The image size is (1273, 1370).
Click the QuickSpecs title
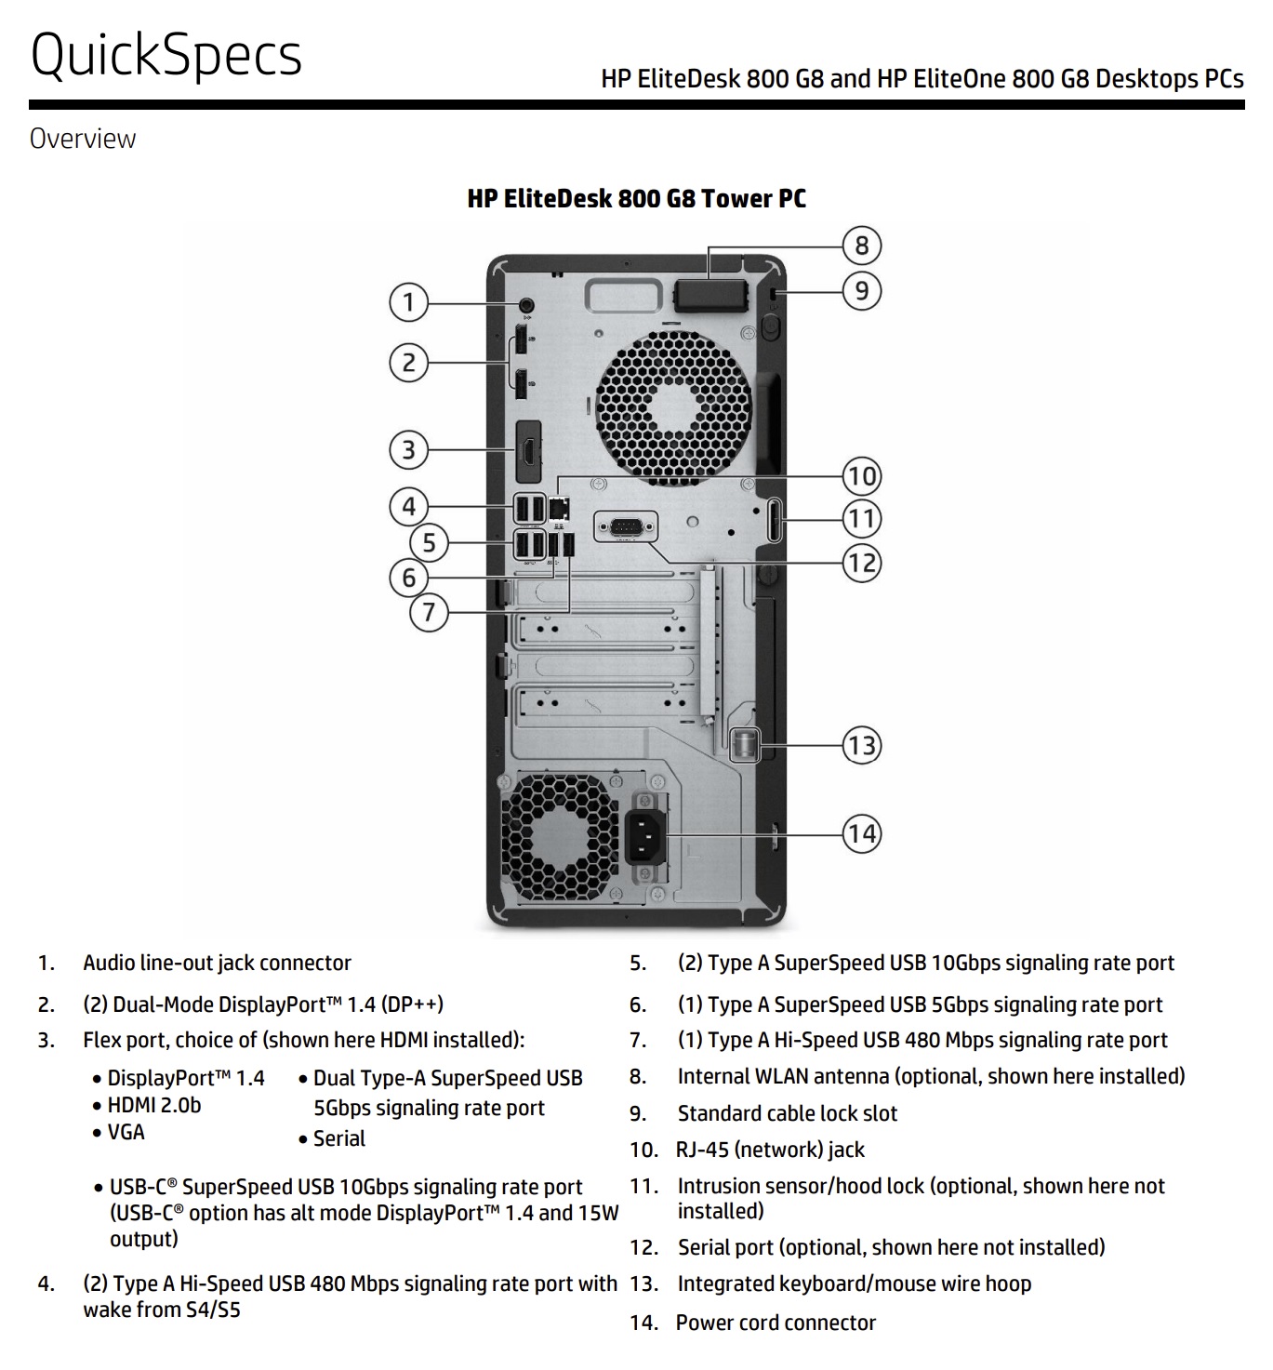point(166,55)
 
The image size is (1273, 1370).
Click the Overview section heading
point(83,139)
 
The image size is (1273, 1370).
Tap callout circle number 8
point(862,245)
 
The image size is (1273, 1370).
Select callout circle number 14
point(862,833)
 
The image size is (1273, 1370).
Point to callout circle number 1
point(408,302)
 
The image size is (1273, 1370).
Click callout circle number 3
point(408,450)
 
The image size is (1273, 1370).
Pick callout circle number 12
point(862,563)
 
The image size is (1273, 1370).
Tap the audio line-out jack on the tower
point(526,304)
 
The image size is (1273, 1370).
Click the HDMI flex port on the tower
point(528,452)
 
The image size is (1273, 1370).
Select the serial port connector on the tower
point(626,527)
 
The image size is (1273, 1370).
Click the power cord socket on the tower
point(645,837)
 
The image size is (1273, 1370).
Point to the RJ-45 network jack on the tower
point(559,508)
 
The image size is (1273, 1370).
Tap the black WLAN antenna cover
point(710,295)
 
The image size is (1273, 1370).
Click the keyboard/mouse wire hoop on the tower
point(745,745)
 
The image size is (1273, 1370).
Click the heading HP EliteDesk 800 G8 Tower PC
point(636,199)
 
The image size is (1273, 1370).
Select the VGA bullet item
point(119,1132)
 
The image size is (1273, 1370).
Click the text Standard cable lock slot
point(788,1113)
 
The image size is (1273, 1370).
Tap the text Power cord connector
point(776,1323)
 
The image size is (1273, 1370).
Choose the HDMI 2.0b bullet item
point(146,1105)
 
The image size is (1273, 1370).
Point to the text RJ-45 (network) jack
point(770,1150)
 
